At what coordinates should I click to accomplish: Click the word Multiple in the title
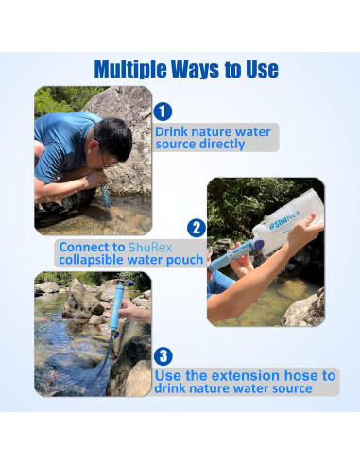click(x=130, y=69)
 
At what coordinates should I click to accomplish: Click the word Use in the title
click(x=263, y=69)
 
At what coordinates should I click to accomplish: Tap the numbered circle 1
click(x=163, y=112)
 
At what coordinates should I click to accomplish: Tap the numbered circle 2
click(x=197, y=228)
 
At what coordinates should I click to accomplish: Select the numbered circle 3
click(x=163, y=356)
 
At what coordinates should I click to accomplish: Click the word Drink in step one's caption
click(x=170, y=131)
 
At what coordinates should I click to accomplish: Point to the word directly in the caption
click(x=222, y=145)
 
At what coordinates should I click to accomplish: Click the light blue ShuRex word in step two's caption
click(x=150, y=247)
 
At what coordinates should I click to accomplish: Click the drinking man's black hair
click(x=113, y=138)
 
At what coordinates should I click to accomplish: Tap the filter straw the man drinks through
click(x=106, y=195)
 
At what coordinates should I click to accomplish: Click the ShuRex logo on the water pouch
click(x=285, y=220)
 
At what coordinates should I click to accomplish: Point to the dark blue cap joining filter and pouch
click(x=258, y=245)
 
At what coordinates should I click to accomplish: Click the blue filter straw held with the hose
click(x=116, y=306)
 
